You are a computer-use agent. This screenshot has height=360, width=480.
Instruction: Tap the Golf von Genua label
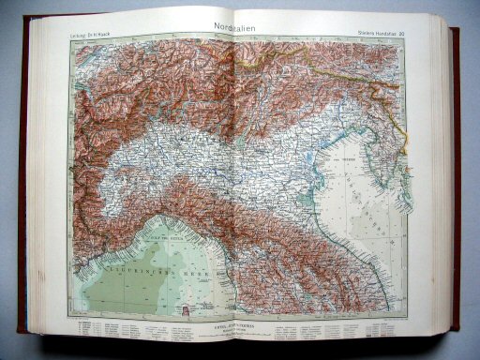[155, 223]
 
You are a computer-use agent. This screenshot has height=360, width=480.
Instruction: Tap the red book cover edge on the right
[456, 187]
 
